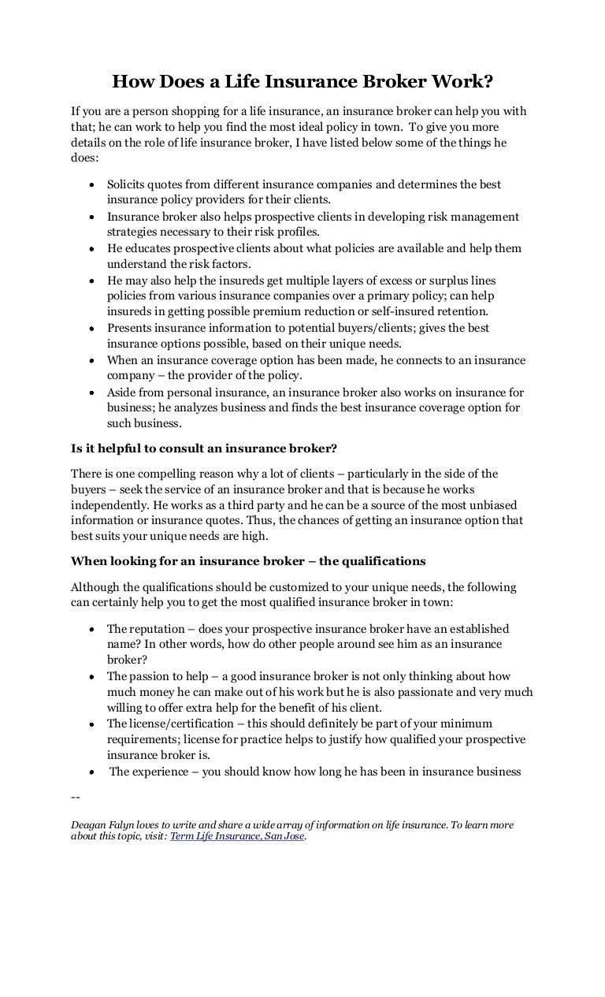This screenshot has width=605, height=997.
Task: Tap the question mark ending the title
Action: click(x=488, y=81)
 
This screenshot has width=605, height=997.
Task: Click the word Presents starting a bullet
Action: click(x=130, y=328)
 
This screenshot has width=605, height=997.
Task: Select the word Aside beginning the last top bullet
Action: click(x=122, y=392)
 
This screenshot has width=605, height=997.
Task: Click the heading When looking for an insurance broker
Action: click(x=248, y=561)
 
